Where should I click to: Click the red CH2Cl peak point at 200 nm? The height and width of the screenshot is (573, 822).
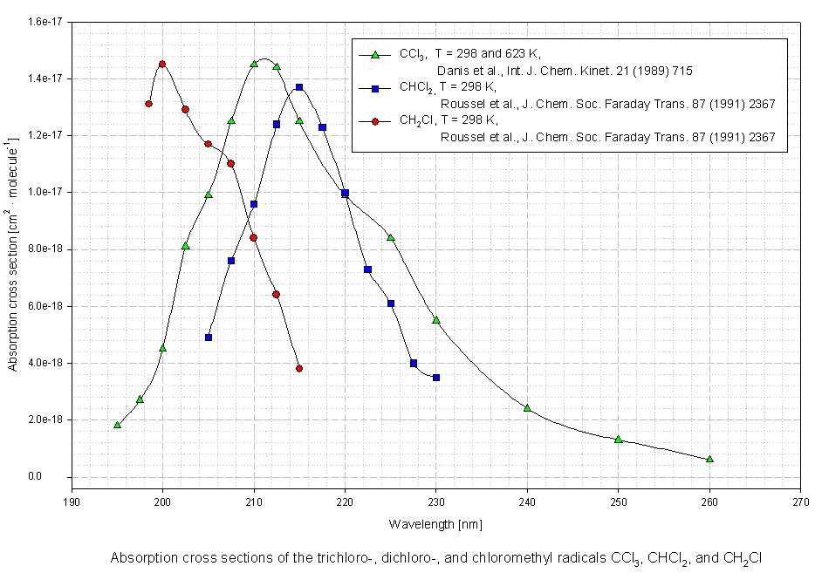(x=162, y=64)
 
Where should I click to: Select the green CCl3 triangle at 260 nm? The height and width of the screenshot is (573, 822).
(x=709, y=459)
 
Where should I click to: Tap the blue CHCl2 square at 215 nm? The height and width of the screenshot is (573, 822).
(x=299, y=87)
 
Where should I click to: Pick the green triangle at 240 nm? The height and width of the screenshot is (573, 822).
(x=527, y=407)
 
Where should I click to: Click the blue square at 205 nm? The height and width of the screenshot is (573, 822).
(x=209, y=337)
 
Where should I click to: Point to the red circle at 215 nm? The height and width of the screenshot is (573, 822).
(x=299, y=368)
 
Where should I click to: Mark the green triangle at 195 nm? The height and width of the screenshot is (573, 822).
(x=117, y=425)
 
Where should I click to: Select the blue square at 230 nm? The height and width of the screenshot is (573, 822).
(x=436, y=378)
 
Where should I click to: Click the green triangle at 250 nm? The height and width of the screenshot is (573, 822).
(x=618, y=439)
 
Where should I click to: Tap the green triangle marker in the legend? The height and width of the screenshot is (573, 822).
(x=375, y=55)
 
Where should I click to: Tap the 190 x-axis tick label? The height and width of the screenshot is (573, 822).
(x=72, y=501)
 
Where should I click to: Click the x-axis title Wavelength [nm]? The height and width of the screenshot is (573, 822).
(x=435, y=524)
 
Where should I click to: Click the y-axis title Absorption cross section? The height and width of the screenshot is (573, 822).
(x=13, y=253)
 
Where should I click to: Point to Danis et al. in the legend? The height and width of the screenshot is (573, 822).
(x=468, y=71)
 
